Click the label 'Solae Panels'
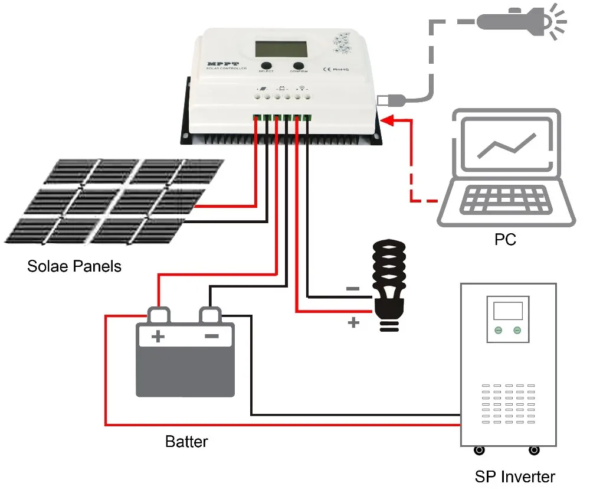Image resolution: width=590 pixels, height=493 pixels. pyautogui.click(x=74, y=266)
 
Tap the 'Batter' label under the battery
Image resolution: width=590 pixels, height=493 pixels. pyautogui.click(x=186, y=442)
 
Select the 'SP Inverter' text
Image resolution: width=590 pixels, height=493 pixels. pyautogui.click(x=514, y=476)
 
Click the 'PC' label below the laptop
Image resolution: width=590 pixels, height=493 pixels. pyautogui.click(x=505, y=239)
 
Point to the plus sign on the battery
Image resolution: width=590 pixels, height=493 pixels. pyautogui.click(x=158, y=337)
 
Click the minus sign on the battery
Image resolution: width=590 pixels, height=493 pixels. pyautogui.click(x=211, y=337)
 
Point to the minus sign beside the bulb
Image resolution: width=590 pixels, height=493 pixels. pyautogui.click(x=352, y=289)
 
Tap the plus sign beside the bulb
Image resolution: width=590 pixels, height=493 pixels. pyautogui.click(x=353, y=322)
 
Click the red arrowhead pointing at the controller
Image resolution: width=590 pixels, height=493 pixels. pyautogui.click(x=388, y=120)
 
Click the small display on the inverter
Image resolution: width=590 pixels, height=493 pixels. pyautogui.click(x=508, y=311)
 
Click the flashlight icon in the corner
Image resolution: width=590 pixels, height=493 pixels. pyautogui.click(x=513, y=22)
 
